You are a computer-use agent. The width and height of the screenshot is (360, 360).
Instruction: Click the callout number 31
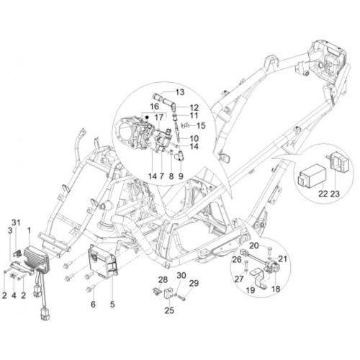click(x=16, y=222)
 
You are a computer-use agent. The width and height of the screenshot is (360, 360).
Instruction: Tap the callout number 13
click(x=180, y=92)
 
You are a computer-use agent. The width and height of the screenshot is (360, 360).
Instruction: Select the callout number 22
click(x=323, y=194)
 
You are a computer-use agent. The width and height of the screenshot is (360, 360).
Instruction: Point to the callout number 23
click(x=335, y=194)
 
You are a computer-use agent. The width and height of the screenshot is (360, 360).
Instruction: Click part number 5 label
click(x=112, y=305)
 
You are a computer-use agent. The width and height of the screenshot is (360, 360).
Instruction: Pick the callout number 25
click(x=169, y=310)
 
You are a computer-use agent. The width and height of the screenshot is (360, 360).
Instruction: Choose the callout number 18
click(x=276, y=289)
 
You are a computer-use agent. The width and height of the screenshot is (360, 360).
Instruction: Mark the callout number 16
click(x=155, y=107)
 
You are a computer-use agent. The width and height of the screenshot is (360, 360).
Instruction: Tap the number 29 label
click(x=194, y=283)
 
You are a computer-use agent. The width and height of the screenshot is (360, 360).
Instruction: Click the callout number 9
click(x=181, y=176)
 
